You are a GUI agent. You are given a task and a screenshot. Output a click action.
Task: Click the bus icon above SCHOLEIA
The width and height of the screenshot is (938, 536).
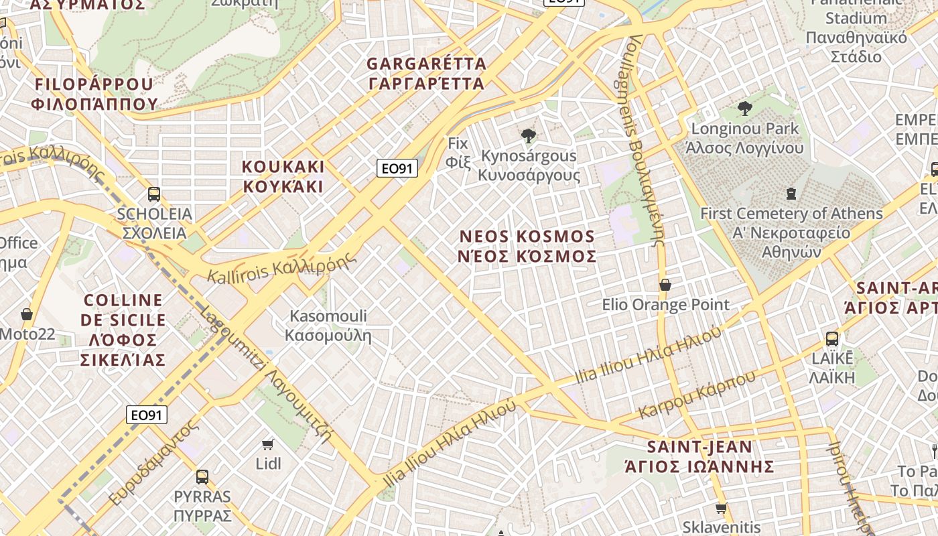click(x=153, y=194)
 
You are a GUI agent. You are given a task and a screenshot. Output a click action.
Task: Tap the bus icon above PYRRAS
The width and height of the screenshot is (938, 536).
click(x=202, y=477)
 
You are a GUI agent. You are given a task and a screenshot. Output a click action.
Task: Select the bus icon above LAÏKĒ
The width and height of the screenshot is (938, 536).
click(x=831, y=338)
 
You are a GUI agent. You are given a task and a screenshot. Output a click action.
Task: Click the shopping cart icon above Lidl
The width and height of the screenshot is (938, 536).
click(x=268, y=444)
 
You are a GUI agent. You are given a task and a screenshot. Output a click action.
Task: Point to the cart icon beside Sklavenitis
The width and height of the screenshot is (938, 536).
click(x=721, y=509)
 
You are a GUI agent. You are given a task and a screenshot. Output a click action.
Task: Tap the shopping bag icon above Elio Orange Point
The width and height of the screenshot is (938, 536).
click(x=665, y=285)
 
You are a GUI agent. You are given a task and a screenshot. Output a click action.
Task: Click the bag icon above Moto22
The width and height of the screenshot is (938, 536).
click(x=27, y=314)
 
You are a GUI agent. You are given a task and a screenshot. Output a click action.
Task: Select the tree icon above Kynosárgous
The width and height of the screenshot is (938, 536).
click(x=528, y=136)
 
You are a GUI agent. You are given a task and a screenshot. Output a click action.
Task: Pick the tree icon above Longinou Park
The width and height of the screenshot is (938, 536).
click(x=744, y=109)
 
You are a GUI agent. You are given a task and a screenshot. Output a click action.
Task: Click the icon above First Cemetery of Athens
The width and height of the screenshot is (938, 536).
click(x=791, y=194)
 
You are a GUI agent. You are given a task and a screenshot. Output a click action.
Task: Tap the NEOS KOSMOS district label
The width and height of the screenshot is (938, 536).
click(x=528, y=247)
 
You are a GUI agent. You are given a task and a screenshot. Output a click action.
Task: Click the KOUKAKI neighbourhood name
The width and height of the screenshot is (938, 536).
click(x=283, y=176)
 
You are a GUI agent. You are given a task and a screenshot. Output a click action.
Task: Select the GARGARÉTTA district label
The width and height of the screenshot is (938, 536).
click(x=426, y=74)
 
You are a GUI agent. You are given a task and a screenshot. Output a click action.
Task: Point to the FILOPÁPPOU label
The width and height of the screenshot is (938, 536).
click(x=94, y=94)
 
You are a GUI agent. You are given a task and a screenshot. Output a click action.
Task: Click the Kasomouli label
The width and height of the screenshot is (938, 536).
click(x=328, y=325)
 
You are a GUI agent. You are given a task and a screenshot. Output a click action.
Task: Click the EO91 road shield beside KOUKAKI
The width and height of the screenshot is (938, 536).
click(x=397, y=168)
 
